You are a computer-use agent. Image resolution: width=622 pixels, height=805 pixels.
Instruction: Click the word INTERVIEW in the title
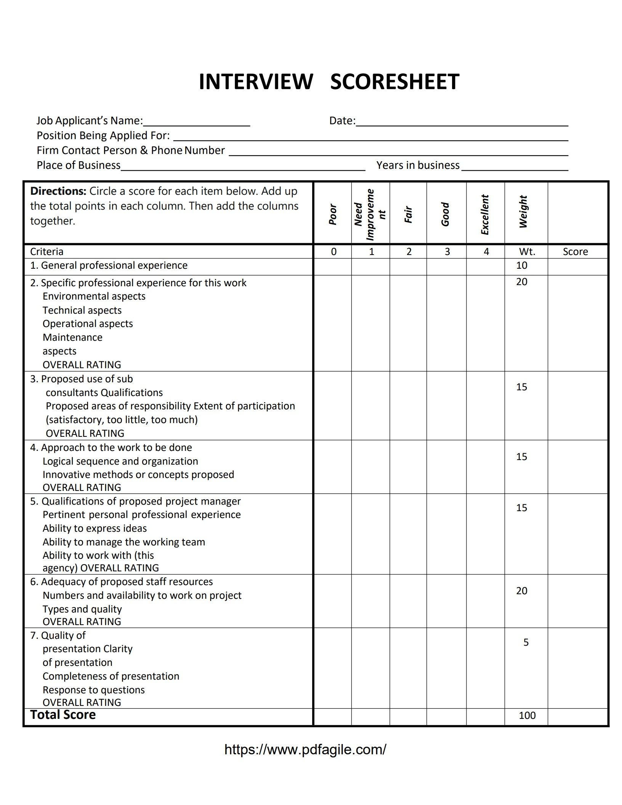pos(256,82)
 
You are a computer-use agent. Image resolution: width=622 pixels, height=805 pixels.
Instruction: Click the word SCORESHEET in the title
pos(394,82)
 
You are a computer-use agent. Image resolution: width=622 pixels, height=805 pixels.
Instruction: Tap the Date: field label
pos(342,121)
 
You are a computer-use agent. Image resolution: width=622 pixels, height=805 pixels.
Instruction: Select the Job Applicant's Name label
pos(90,121)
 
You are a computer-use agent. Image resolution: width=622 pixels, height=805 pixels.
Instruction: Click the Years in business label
pos(418,165)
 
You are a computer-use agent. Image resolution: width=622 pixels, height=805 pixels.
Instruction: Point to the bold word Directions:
pos(58,191)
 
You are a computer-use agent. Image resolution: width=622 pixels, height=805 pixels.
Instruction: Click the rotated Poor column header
pos(333,214)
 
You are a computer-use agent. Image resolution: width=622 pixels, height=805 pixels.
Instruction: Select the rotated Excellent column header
pos(485,215)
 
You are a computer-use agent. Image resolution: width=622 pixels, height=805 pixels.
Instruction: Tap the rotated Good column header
pos(445,214)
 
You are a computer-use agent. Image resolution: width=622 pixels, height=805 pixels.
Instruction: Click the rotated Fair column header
pos(408,215)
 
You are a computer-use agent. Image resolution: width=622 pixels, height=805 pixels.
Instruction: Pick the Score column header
pos(575,252)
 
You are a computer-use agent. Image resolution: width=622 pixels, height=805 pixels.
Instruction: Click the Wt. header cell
pos(527,252)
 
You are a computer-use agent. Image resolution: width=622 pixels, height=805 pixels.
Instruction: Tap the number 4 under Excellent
pos(486,252)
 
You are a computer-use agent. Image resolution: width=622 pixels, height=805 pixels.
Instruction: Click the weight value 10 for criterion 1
pos(521,265)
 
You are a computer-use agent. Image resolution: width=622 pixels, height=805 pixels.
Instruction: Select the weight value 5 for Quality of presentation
pos(526,642)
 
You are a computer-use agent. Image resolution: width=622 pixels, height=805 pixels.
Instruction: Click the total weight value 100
pos(527,715)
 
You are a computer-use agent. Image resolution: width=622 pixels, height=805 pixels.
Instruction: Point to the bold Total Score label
pos(63,715)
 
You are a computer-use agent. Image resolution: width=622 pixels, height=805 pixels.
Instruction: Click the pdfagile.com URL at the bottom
pos(305,749)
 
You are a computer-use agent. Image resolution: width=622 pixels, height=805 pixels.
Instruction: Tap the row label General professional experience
pos(109,265)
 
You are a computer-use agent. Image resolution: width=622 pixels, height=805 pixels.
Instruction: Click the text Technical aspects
pos(82,310)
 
